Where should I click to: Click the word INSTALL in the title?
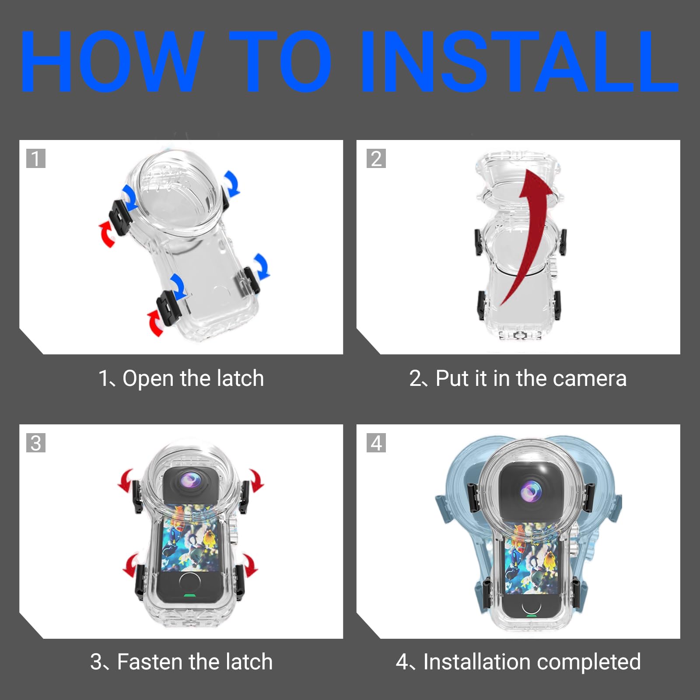click(520, 61)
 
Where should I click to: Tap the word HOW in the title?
click(112, 61)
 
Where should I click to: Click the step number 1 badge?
click(36, 158)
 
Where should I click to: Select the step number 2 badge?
click(376, 158)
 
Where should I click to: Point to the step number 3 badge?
click(36, 443)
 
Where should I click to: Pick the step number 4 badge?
click(376, 443)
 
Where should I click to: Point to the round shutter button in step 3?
click(189, 583)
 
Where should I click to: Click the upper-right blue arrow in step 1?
click(231, 182)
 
